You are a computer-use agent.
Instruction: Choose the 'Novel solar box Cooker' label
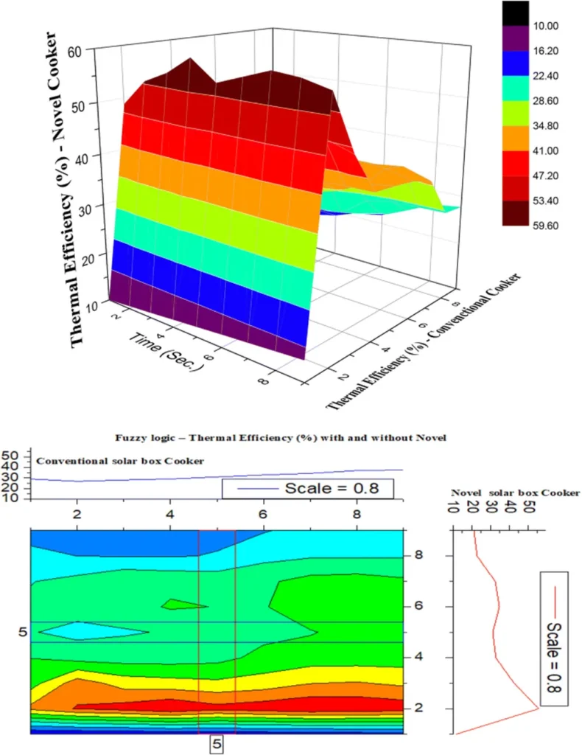point(515,491)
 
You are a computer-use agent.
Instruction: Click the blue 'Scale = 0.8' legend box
point(308,488)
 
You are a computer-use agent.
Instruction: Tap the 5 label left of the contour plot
point(22,632)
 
